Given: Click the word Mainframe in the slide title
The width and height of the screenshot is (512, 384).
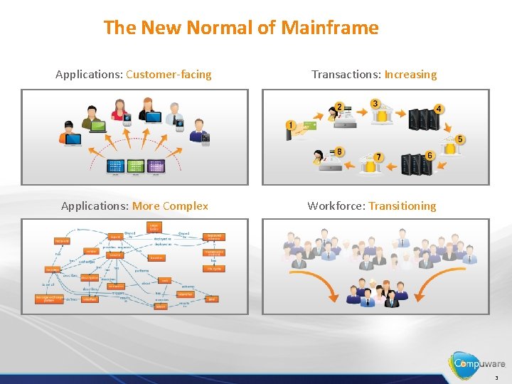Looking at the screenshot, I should pyautogui.click(x=329, y=28).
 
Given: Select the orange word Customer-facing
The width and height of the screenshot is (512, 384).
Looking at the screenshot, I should pyautogui.click(x=169, y=74).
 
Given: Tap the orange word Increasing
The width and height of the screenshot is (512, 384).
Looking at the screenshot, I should pyautogui.click(x=410, y=74).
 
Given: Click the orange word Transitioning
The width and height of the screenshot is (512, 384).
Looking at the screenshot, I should pyautogui.click(x=402, y=206).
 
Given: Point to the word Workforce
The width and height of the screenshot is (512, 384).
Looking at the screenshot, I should pyautogui.click(x=336, y=206).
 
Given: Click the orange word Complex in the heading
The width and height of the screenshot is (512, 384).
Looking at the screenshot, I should pyautogui.click(x=185, y=206).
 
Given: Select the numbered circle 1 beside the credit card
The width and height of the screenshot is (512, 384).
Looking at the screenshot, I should pyautogui.click(x=290, y=125).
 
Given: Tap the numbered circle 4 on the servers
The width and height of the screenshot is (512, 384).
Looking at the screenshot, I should pyautogui.click(x=439, y=109).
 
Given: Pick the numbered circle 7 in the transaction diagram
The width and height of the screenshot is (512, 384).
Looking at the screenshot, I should pyautogui.click(x=378, y=157).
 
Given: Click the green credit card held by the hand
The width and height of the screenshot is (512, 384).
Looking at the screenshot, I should pyautogui.click(x=307, y=128).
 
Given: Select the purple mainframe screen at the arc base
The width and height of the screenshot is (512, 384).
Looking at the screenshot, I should pyautogui.click(x=156, y=166).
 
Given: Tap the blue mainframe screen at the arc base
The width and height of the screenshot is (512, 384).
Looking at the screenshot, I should pyautogui.click(x=115, y=166).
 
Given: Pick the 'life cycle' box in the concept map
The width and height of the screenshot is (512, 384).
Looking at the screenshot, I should pyautogui.click(x=214, y=268).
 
